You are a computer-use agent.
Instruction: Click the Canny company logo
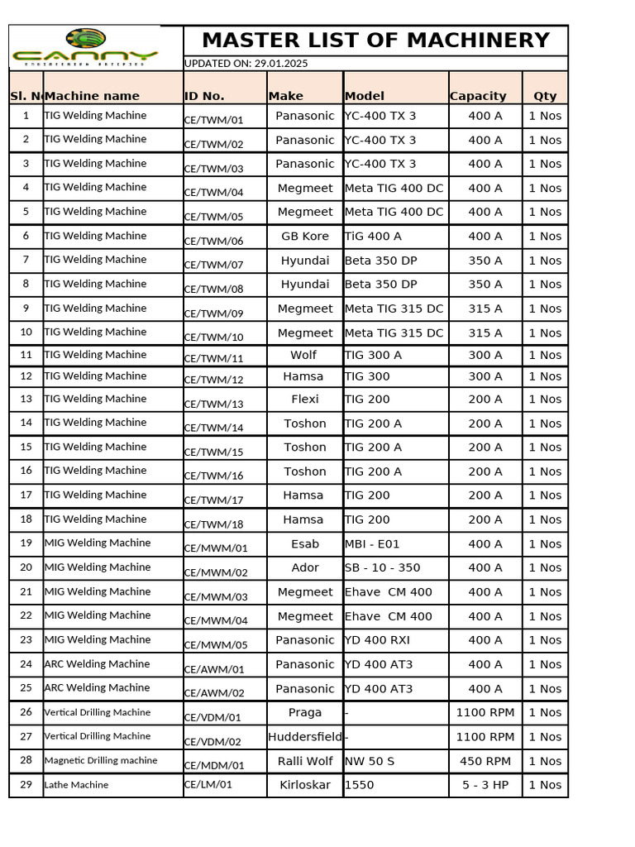click(85, 47)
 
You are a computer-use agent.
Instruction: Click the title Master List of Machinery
click(375, 41)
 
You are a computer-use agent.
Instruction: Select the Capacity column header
click(478, 96)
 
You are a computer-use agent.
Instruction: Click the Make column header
click(286, 96)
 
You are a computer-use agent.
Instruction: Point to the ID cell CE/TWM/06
click(213, 242)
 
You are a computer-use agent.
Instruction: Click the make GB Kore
click(305, 236)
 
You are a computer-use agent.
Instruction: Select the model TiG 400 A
click(373, 236)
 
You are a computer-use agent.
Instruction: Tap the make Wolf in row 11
click(303, 355)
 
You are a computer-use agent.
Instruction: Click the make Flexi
click(305, 399)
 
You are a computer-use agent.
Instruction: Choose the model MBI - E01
click(372, 543)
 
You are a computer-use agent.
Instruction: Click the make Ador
click(305, 567)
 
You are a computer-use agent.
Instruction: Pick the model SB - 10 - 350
click(382, 567)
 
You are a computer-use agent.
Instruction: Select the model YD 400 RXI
click(377, 639)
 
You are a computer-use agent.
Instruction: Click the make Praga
click(305, 712)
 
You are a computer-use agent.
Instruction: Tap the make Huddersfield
click(305, 736)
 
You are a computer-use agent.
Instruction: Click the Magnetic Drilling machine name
click(100, 760)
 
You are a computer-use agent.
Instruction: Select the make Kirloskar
click(305, 784)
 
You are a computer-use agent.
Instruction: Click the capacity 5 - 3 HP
click(485, 785)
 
